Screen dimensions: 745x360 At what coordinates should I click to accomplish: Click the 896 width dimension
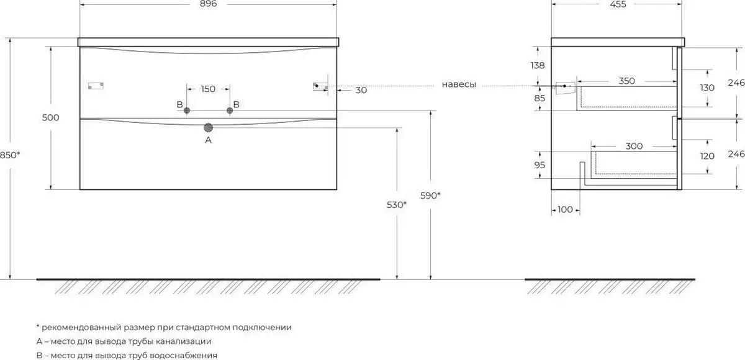click(209, 4)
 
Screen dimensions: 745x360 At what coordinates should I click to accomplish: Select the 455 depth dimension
click(618, 4)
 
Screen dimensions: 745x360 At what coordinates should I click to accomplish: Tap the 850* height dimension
click(10, 155)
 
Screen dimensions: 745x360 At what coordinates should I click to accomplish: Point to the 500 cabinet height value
click(50, 117)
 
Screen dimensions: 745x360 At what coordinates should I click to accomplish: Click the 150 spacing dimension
click(208, 89)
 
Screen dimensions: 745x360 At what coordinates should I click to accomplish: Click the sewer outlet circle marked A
click(208, 128)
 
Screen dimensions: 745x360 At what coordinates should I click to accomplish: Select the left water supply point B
click(187, 110)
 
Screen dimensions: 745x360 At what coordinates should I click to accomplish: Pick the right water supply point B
click(230, 110)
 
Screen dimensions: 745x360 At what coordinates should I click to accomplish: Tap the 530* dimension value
click(397, 205)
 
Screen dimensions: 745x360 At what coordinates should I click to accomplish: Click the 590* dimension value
click(430, 196)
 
